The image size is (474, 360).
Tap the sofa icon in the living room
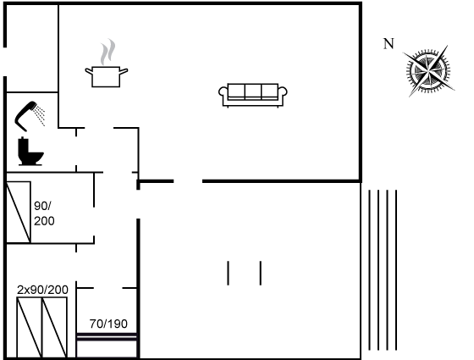pos(253,95)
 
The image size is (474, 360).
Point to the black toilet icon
pos(30,152)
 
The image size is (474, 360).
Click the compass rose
pos(428,71)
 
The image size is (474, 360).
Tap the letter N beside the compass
pos(389,44)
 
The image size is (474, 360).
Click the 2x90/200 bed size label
pos(42,290)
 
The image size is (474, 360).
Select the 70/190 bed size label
pos(108,324)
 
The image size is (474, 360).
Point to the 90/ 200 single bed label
pos(44,213)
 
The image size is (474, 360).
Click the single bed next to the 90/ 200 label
pos(19,212)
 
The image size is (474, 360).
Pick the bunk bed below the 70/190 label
pos(107,346)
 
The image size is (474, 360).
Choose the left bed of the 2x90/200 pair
pos(30,328)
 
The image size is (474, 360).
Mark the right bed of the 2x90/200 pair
pos(54,328)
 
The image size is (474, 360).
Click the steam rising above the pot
pos(108,52)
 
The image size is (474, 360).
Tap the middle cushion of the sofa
pos(253,91)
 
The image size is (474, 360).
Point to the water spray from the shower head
pos(40,114)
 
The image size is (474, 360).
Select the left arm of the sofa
pos(223,94)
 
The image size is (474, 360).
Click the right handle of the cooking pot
pos(124,71)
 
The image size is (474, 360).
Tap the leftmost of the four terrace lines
pos(369,270)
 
